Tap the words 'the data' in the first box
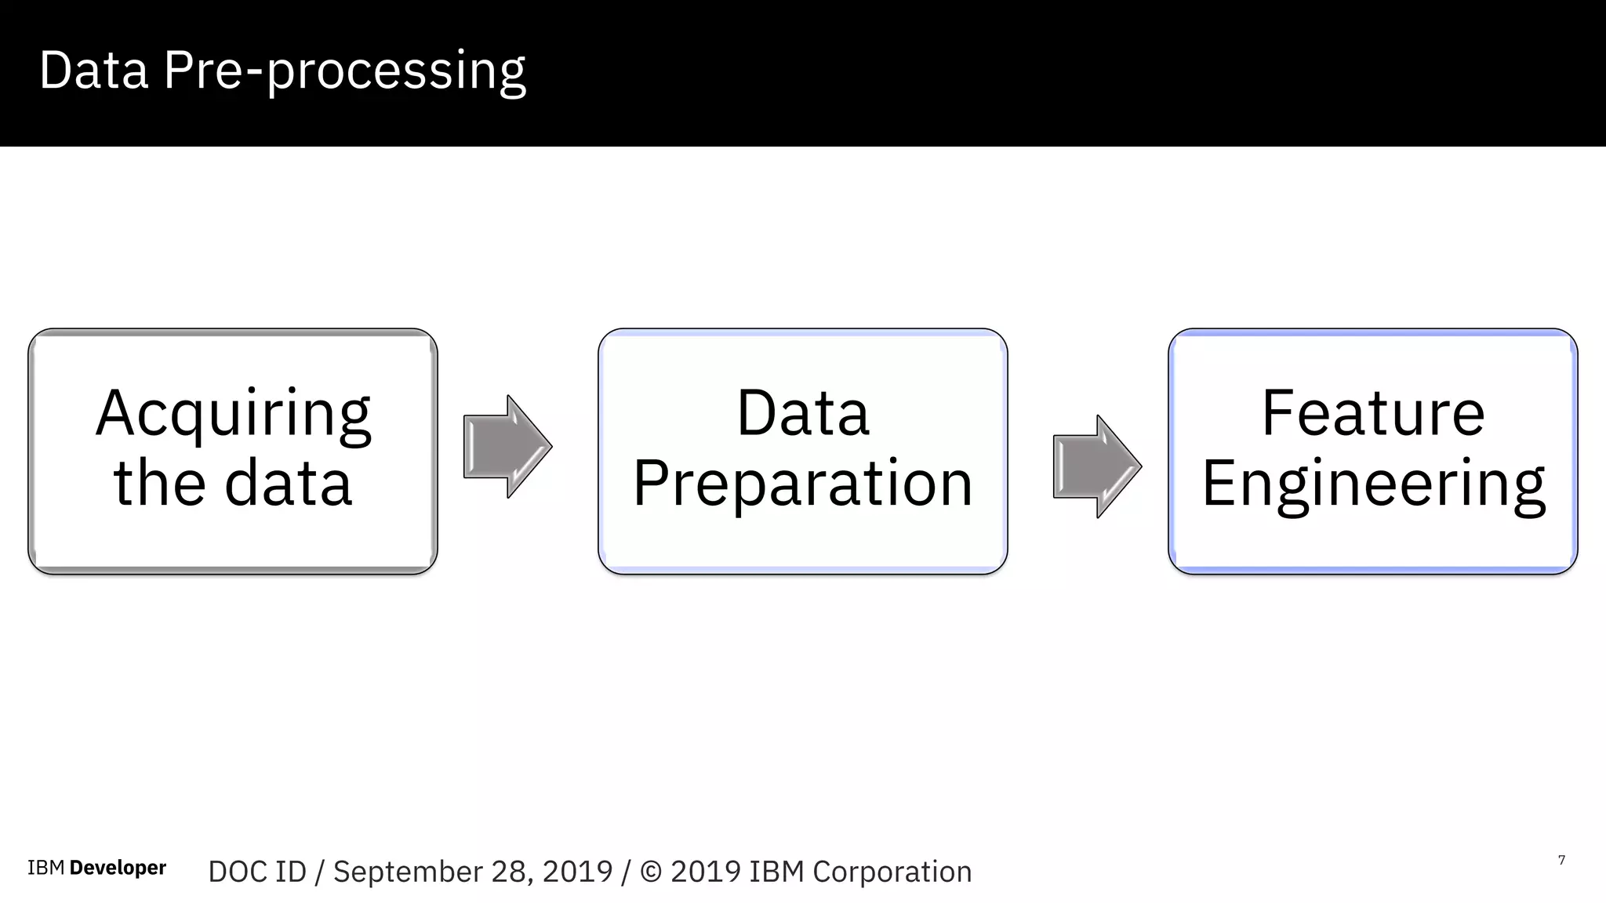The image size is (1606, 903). (233, 483)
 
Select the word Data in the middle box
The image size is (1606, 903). (803, 413)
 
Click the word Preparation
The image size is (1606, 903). (803, 484)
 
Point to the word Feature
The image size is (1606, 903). (1372, 413)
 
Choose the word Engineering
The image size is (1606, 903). (1372, 484)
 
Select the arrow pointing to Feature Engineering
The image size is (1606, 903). (1096, 466)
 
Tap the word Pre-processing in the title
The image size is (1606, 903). (344, 71)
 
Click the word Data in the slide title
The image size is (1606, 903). (93, 71)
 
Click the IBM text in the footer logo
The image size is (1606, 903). (45, 868)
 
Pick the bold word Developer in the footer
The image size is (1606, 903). (118, 868)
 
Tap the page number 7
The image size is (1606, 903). (1561, 861)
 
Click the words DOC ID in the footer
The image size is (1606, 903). (257, 872)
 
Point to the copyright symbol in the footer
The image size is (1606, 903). (651, 872)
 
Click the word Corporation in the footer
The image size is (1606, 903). (892, 872)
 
